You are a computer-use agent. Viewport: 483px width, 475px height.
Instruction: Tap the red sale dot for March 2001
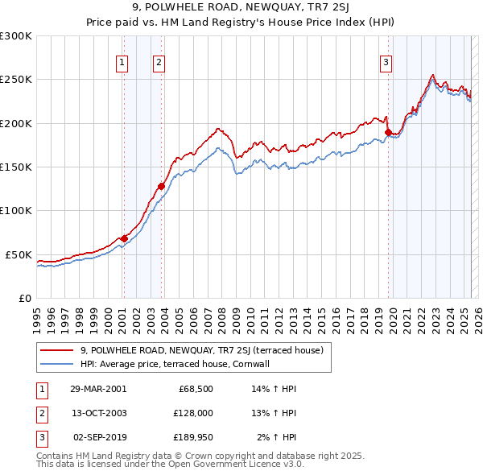pos(124,238)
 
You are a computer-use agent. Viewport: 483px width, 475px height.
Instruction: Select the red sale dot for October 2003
pos(161,186)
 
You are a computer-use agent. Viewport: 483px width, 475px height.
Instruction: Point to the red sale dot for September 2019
pos(388,132)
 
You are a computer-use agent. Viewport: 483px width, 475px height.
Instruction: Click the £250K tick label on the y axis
pos(16,80)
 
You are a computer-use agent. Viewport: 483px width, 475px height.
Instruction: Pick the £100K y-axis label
pos(16,210)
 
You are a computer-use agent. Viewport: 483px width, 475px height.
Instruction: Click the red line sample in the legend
pos(56,350)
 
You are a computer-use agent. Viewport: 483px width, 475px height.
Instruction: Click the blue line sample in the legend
pos(56,364)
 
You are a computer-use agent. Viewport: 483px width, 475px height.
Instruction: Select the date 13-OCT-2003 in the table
pos(98,413)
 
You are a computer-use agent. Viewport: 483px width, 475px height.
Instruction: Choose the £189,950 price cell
pos(191,438)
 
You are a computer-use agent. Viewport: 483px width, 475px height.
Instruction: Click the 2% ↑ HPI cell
pos(278,438)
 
